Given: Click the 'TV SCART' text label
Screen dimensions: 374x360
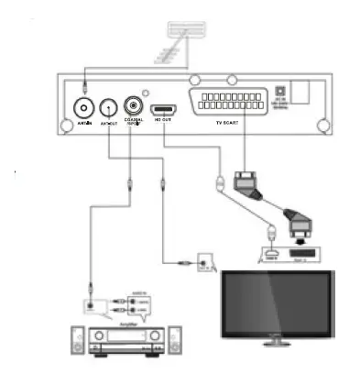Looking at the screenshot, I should pyautogui.click(x=234, y=122).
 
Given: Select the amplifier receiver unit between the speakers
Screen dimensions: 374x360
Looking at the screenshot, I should pyautogui.click(x=123, y=343).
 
